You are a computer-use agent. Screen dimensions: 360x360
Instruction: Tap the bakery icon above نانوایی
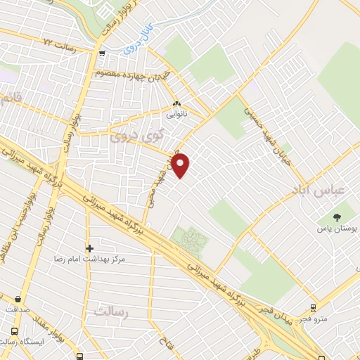[176, 102]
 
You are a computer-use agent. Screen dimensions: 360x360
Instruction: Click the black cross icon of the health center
[89, 248]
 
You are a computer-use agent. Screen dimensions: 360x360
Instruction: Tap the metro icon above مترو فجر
[313, 307]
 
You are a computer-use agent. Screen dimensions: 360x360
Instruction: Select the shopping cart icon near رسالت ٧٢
[103, 53]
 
